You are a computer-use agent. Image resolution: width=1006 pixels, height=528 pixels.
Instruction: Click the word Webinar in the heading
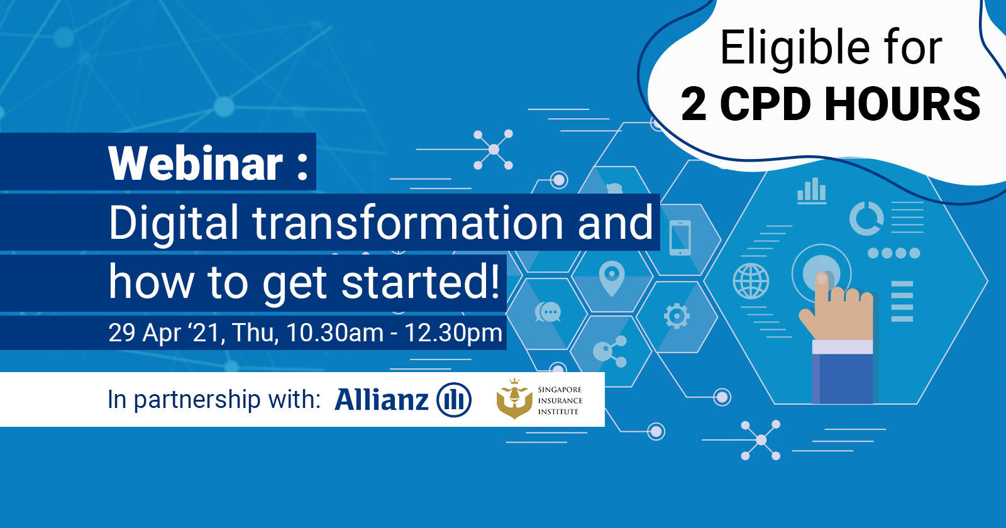(196, 163)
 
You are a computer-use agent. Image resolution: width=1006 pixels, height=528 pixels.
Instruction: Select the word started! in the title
(421, 282)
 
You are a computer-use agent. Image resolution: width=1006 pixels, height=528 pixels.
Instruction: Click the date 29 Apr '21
(167, 333)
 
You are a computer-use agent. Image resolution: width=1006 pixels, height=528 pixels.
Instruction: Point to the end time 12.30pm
(453, 333)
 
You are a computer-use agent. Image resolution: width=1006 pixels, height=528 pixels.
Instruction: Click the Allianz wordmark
(381, 399)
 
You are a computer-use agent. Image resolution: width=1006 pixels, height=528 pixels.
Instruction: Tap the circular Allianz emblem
(454, 400)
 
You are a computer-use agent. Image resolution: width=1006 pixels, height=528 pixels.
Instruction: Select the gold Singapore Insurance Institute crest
(514, 399)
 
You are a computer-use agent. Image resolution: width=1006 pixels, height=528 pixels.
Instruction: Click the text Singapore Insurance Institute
(560, 400)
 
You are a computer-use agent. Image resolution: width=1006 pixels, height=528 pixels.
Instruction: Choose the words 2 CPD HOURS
(831, 104)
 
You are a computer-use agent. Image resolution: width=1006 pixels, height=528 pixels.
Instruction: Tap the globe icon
(751, 282)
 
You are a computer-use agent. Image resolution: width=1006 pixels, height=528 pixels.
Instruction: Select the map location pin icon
(612, 278)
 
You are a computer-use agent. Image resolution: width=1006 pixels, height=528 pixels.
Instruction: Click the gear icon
(677, 316)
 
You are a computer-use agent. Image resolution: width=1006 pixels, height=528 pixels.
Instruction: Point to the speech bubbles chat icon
(548, 312)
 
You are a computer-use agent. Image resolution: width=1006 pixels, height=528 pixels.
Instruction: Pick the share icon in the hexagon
(610, 351)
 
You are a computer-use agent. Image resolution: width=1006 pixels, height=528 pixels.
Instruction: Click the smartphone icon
(680, 238)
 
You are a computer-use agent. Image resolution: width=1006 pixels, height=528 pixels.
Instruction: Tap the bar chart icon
(812, 191)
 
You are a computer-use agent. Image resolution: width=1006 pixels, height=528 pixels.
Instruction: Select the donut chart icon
(867, 219)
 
